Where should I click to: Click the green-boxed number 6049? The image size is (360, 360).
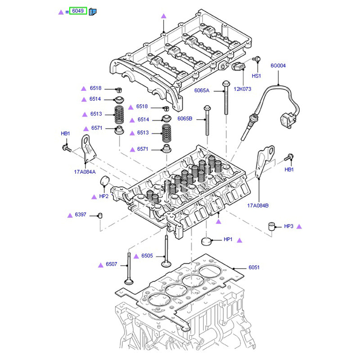77,11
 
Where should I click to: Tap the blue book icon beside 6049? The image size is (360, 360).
93,12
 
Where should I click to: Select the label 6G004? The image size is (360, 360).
278,66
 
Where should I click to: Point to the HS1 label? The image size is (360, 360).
256,76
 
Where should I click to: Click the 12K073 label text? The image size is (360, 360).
242,89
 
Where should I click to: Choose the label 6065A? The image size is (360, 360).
202,90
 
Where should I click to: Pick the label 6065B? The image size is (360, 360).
185,119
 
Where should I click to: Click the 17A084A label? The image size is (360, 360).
85,171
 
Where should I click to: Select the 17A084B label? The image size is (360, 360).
257,206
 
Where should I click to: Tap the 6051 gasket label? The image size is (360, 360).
254,267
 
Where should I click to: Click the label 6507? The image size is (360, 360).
111,264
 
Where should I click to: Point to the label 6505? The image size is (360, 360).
147,256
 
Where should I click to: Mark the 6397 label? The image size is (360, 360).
81,215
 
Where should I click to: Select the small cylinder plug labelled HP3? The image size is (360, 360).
272,225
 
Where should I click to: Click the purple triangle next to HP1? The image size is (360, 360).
239,240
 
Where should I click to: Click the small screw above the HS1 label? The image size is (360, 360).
257,59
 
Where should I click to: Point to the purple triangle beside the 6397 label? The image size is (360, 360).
70,215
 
